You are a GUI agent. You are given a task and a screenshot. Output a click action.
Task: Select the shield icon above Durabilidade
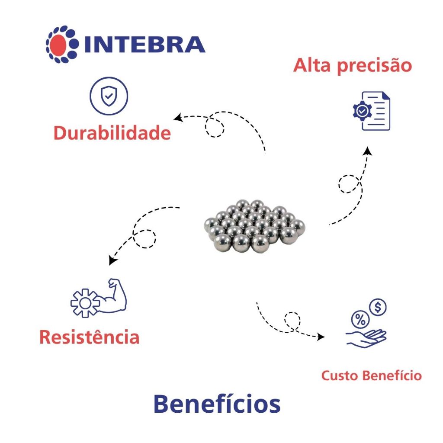(108, 96)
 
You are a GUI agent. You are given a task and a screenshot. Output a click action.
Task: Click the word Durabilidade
(112, 133)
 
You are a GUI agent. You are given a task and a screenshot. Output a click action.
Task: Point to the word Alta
(312, 66)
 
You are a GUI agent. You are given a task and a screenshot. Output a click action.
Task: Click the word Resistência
(90, 337)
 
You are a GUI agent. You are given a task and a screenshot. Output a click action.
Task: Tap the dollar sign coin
(378, 308)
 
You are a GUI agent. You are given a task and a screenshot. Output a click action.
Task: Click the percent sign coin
(360, 321)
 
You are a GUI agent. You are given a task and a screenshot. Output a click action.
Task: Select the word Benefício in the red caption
(392, 376)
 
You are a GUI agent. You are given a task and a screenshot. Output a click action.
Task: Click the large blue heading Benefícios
(217, 404)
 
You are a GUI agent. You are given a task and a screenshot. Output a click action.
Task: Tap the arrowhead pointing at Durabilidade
(177, 118)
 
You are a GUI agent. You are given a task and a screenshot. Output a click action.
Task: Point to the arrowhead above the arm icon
(112, 260)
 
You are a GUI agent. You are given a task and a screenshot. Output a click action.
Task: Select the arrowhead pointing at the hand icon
(321, 336)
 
